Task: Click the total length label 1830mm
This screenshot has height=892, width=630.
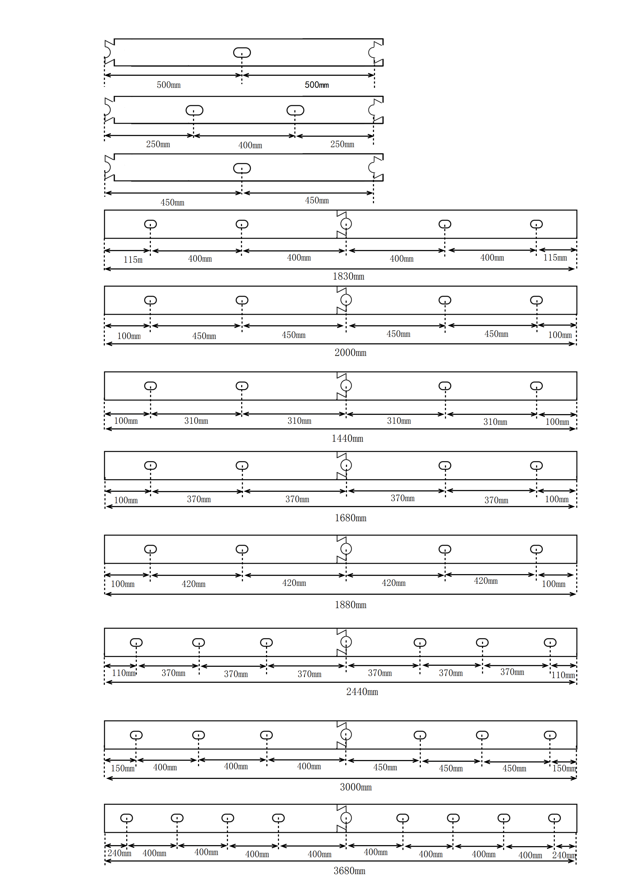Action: tap(348, 276)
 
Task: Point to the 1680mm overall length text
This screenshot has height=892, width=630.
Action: tap(350, 518)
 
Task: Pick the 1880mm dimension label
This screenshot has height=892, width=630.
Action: tap(350, 605)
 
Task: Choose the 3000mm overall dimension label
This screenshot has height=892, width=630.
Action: tap(355, 787)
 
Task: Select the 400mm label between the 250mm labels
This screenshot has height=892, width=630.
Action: tap(250, 145)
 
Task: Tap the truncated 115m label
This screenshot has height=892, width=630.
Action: tap(133, 260)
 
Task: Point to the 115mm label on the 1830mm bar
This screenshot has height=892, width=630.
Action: tap(555, 258)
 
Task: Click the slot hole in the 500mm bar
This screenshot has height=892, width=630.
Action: tap(242, 52)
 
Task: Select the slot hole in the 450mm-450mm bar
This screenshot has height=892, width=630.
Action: tap(242, 168)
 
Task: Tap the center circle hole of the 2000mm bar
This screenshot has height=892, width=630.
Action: tap(346, 300)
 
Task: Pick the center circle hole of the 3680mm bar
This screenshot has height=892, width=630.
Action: tap(346, 818)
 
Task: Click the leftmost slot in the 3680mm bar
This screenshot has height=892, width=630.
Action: tap(127, 818)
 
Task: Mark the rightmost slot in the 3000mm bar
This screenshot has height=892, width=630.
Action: tap(550, 735)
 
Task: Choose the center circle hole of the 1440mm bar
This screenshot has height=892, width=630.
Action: tap(346, 385)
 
